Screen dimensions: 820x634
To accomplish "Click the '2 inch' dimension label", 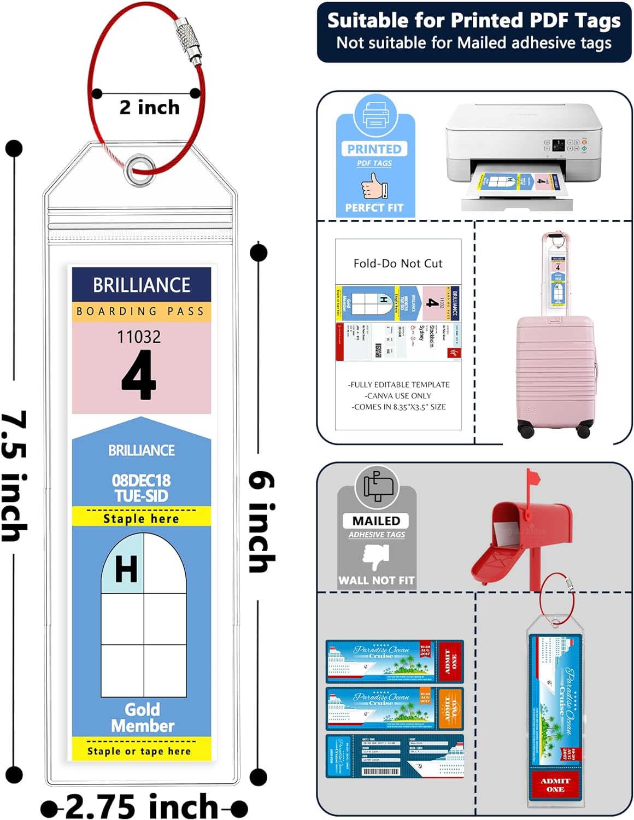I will [149, 107].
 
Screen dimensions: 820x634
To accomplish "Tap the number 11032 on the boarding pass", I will [139, 336].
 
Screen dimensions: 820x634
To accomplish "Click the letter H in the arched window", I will [126, 569].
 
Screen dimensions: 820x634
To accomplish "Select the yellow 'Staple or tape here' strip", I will [141, 750].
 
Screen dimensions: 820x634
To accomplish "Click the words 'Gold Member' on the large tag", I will [142, 717].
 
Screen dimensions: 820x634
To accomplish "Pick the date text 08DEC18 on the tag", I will [141, 480].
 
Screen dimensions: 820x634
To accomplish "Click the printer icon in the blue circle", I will [375, 115].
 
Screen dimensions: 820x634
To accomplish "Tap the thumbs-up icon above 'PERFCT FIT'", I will [374, 186].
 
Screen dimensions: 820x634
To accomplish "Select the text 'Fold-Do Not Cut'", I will [398, 263].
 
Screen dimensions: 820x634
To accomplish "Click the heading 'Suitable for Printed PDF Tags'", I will [474, 21].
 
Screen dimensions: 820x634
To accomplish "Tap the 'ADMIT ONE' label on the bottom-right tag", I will [555, 784].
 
